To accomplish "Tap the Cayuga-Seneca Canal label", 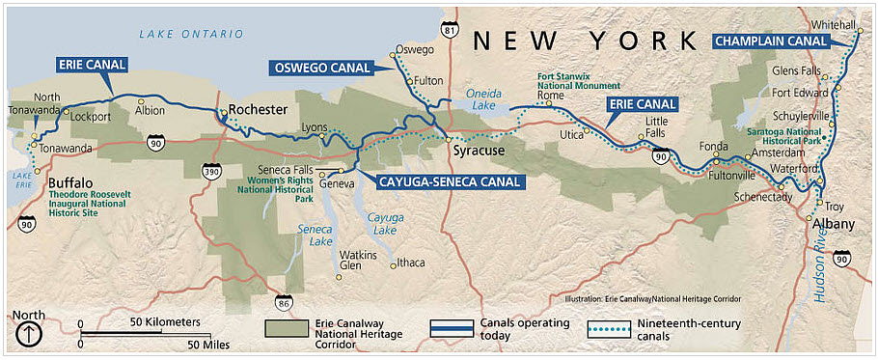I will [443, 180].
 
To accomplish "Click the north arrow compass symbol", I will [29, 334].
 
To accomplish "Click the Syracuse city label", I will [480, 152].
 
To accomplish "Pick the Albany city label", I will [834, 224].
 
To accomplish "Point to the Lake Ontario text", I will [191, 34].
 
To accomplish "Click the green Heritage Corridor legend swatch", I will [285, 328].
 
